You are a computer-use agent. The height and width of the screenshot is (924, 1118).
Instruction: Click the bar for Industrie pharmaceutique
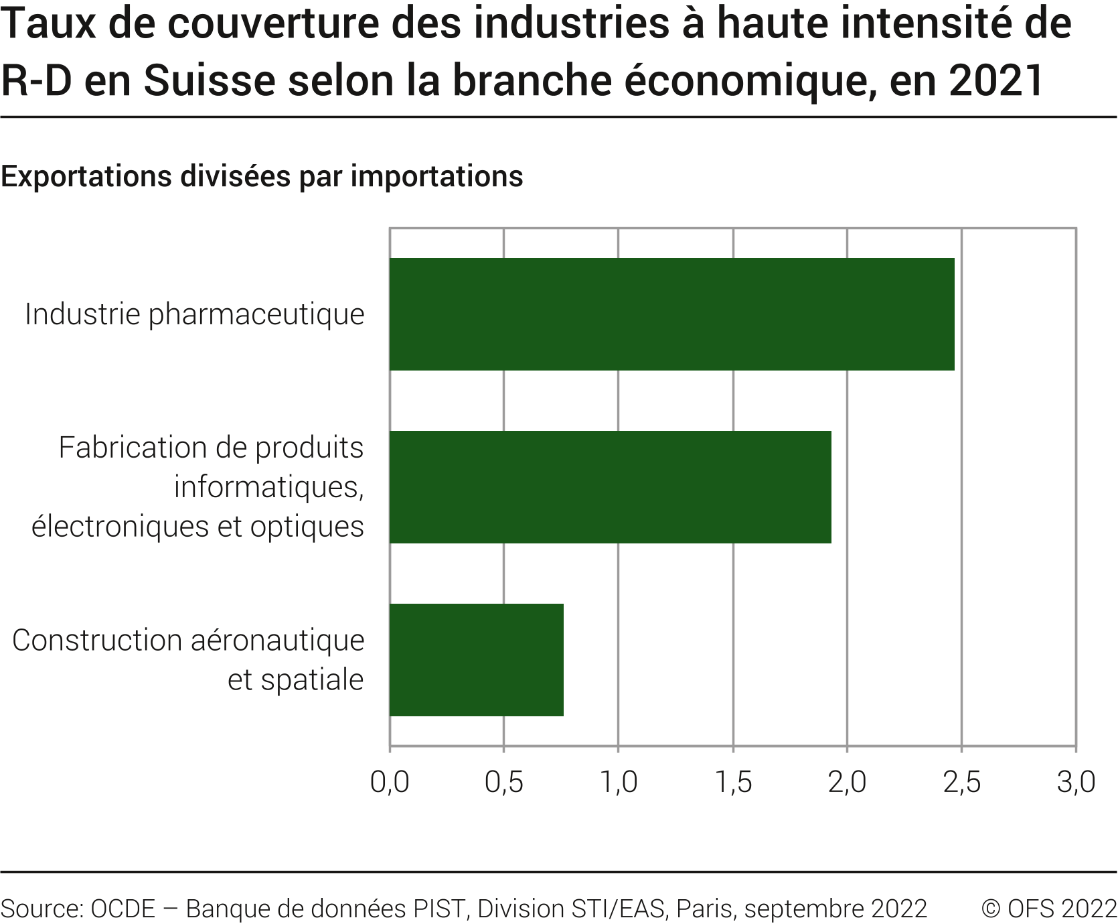[671, 314]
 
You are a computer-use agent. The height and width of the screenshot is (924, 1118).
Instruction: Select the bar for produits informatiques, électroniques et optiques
[610, 487]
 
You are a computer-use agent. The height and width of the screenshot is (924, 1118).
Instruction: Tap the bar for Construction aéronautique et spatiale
[476, 660]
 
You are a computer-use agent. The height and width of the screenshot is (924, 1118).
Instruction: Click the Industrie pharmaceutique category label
[194, 314]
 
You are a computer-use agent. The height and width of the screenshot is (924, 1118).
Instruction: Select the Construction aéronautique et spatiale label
[188, 660]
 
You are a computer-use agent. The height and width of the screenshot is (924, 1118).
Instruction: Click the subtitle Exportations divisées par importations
[262, 177]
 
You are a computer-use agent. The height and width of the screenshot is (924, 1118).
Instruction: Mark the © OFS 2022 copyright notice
[1049, 909]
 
